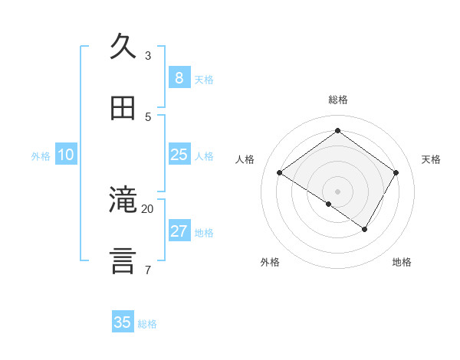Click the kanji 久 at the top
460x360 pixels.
(123, 45)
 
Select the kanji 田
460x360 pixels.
(123, 109)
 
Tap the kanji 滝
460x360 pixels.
(123, 200)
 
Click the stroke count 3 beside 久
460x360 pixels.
(148, 55)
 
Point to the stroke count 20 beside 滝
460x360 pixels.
(148, 208)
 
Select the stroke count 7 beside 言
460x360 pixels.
(148, 270)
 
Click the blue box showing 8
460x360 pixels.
(179, 78)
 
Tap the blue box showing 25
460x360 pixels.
(179, 155)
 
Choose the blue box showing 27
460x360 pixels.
(179, 231)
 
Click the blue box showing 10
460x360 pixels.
(66, 155)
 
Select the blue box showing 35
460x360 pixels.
(123, 322)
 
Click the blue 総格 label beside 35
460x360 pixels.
(147, 324)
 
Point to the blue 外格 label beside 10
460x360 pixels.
(41, 156)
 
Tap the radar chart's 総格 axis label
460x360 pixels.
(338, 100)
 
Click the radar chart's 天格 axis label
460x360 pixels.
(431, 159)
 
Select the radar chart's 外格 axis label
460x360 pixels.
(270, 262)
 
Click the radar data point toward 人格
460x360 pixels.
(280, 173)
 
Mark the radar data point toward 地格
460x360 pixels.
(365, 229)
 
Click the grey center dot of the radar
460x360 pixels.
(338, 191)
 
